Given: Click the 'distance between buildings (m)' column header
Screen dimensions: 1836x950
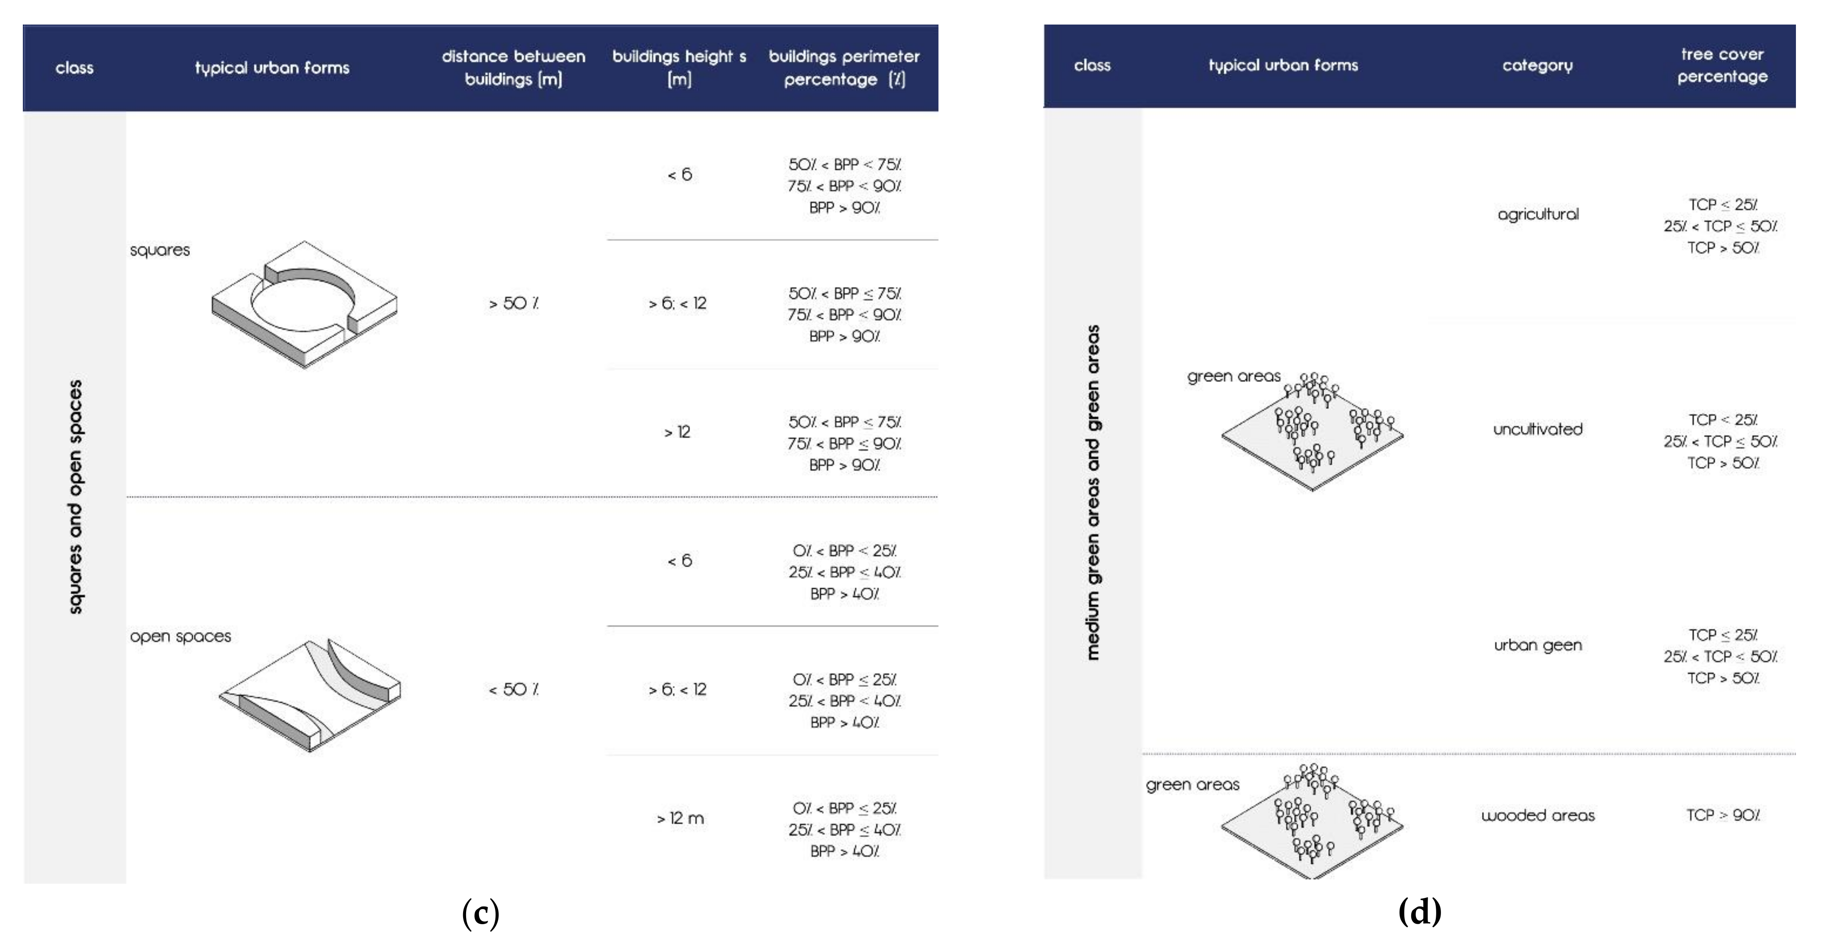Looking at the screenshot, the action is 513,68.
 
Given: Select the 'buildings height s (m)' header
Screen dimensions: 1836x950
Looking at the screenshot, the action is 679,68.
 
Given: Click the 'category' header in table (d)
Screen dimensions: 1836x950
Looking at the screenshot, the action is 1537,65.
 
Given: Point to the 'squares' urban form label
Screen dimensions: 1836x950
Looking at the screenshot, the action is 160,250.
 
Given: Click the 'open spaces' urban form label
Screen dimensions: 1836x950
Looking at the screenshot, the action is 180,636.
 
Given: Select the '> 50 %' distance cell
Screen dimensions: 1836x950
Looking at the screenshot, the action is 513,304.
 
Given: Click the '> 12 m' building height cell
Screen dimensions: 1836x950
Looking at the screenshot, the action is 680,818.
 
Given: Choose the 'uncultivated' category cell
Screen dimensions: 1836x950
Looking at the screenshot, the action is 1537,429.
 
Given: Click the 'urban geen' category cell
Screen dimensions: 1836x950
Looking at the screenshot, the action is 1537,645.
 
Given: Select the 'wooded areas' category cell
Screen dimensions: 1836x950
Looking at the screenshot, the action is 1537,815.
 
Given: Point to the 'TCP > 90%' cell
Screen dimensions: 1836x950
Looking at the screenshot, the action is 1723,815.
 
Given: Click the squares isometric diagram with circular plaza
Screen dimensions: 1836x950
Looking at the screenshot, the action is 304,304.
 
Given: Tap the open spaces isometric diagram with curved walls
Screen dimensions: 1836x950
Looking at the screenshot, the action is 309,695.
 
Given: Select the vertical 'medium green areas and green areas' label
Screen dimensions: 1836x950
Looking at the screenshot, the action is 1092,493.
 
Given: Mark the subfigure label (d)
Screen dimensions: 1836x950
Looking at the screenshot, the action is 1420,912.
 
